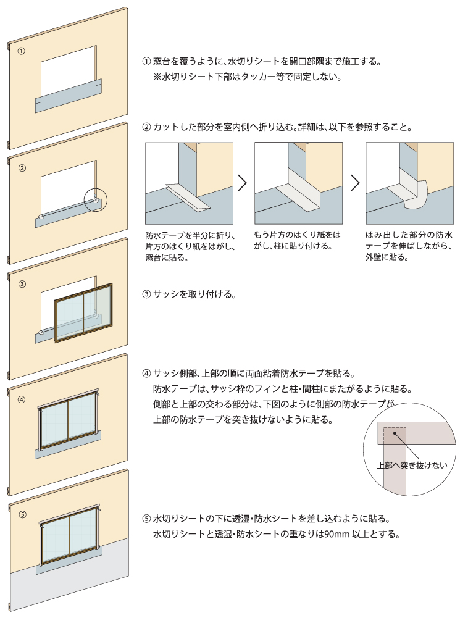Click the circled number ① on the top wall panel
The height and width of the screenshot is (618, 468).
click(x=22, y=51)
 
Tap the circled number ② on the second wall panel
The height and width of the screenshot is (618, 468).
click(x=22, y=168)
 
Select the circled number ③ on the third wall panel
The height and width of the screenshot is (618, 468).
click(x=22, y=284)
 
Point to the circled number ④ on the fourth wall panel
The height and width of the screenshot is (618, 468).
click(x=22, y=399)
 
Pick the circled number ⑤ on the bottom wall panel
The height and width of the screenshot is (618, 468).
click(x=22, y=514)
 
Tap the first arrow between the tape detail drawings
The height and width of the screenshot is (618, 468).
click(x=243, y=183)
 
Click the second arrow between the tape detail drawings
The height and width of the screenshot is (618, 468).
click(x=355, y=183)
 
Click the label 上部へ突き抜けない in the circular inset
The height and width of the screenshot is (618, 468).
click(x=412, y=466)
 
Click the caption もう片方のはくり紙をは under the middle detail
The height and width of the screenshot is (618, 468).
click(x=297, y=235)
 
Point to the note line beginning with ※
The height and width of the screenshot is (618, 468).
click(x=247, y=77)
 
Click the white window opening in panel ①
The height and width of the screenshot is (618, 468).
click(x=68, y=71)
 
